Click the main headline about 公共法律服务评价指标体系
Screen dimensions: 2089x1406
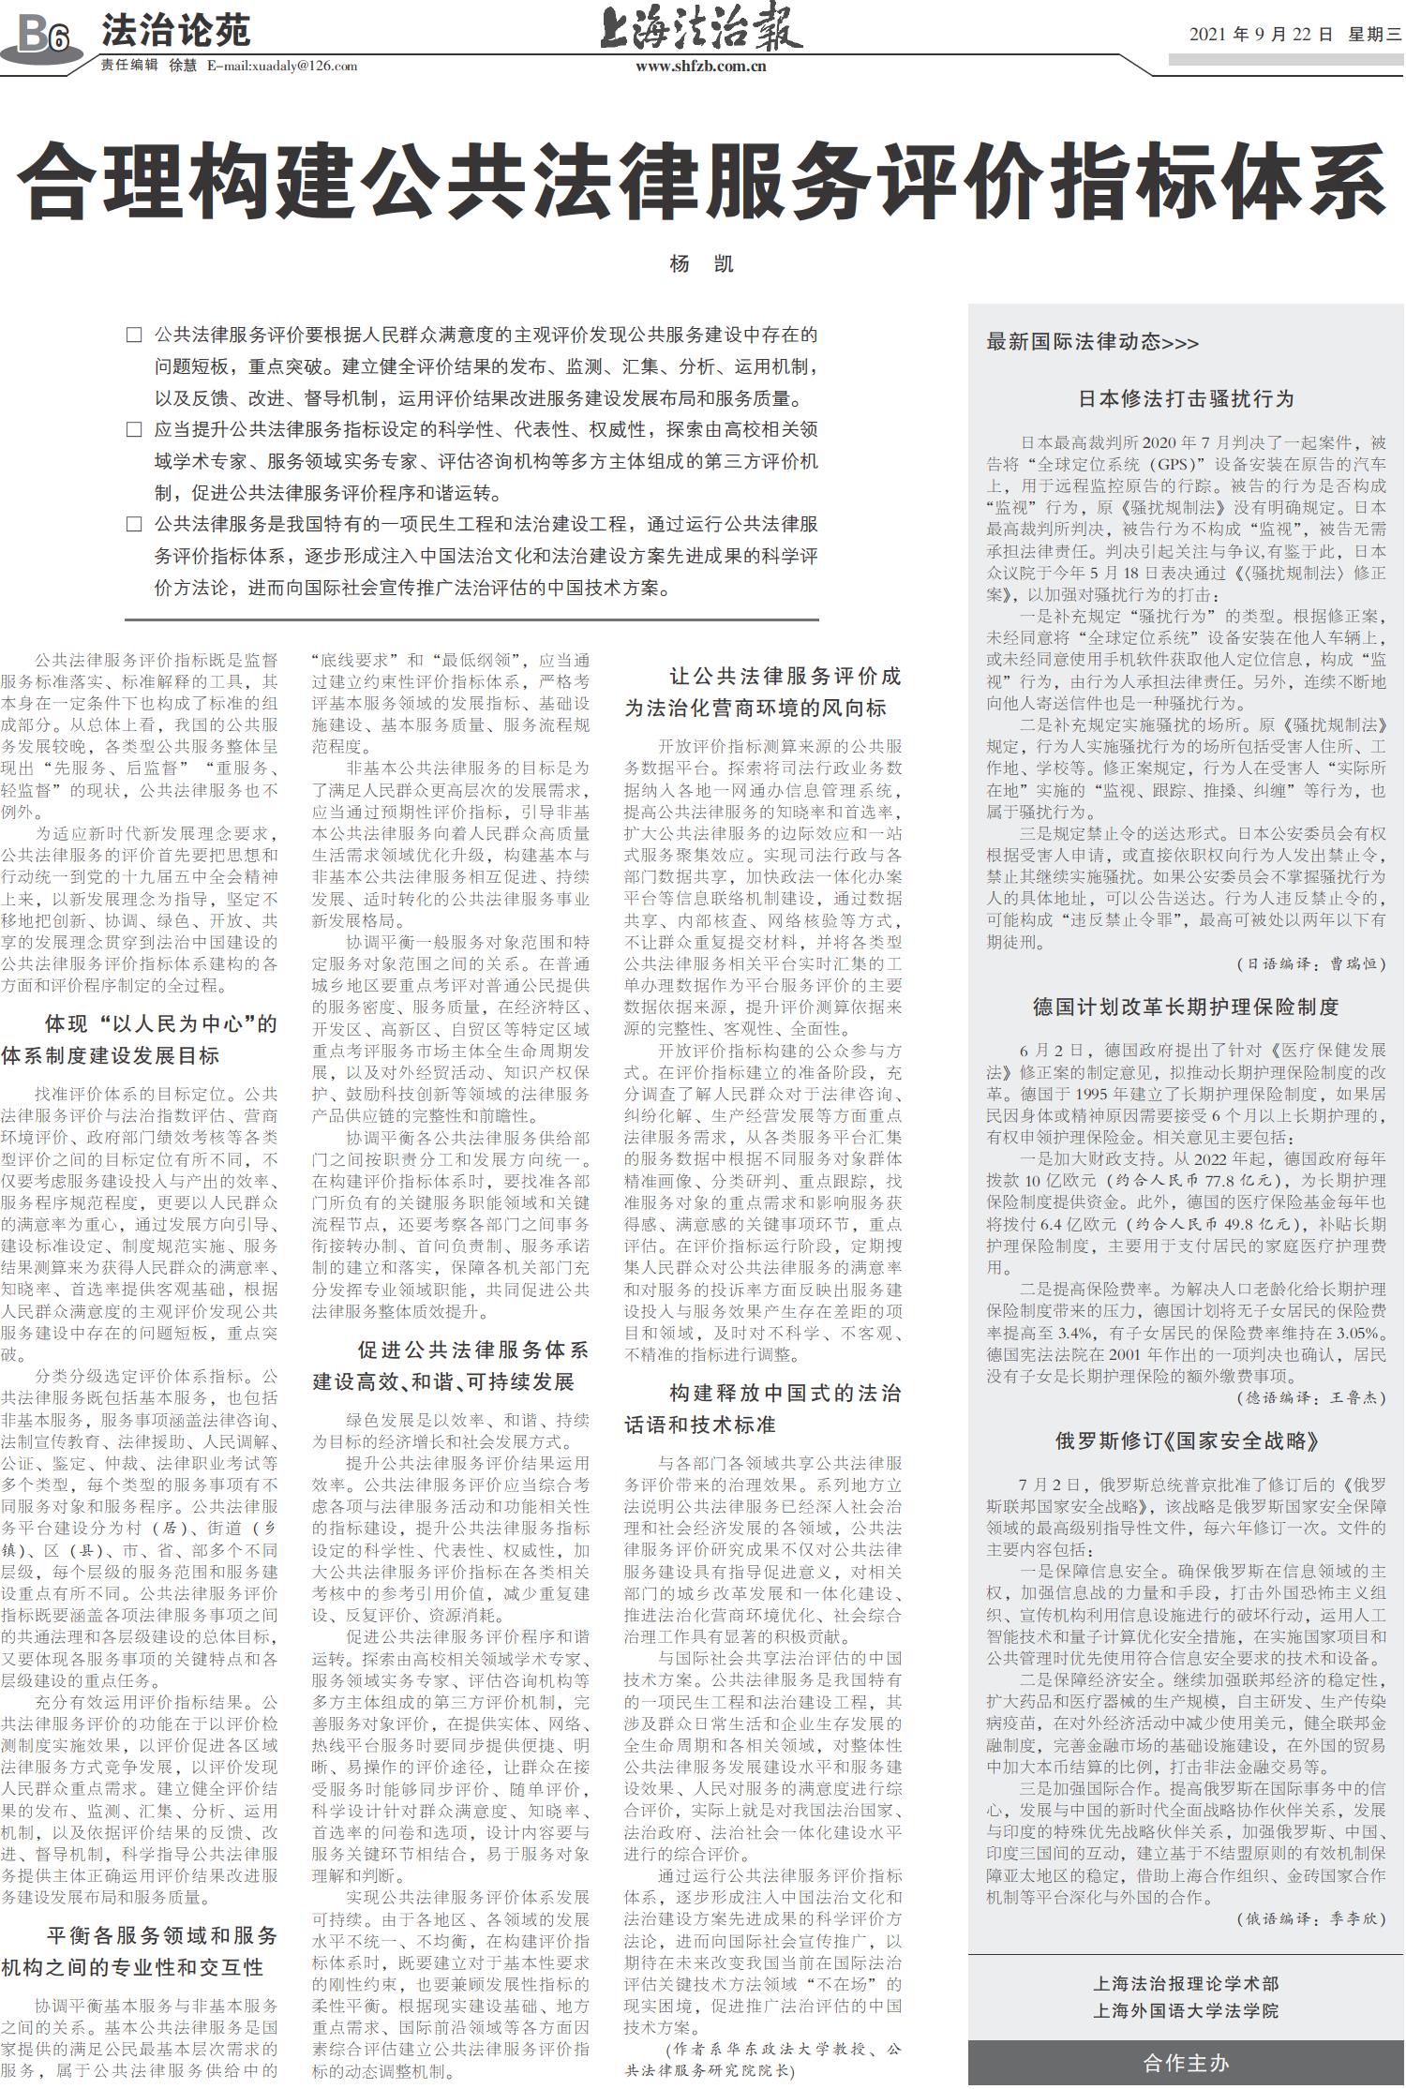coord(702,181)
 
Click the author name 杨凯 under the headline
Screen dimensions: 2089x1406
coord(702,264)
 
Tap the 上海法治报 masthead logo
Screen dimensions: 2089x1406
coord(701,30)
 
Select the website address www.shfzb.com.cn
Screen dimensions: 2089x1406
coord(701,67)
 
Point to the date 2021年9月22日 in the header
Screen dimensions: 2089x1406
coord(1261,36)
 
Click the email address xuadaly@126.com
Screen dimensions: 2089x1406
coord(282,66)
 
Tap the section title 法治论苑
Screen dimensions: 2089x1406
coord(176,31)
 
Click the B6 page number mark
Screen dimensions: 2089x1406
coord(42,36)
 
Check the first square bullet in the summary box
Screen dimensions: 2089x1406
coord(134,335)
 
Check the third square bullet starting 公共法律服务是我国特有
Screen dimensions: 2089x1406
coord(134,524)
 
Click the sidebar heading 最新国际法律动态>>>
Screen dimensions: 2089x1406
coord(1092,342)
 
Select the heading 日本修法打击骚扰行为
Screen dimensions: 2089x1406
coord(1186,398)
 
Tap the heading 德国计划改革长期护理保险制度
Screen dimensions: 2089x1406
coord(1186,1007)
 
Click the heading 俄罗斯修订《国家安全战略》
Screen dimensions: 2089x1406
coord(1186,1441)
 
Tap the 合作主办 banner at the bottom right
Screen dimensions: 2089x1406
coord(1186,2063)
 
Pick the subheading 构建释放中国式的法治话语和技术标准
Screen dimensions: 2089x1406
coord(763,1409)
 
